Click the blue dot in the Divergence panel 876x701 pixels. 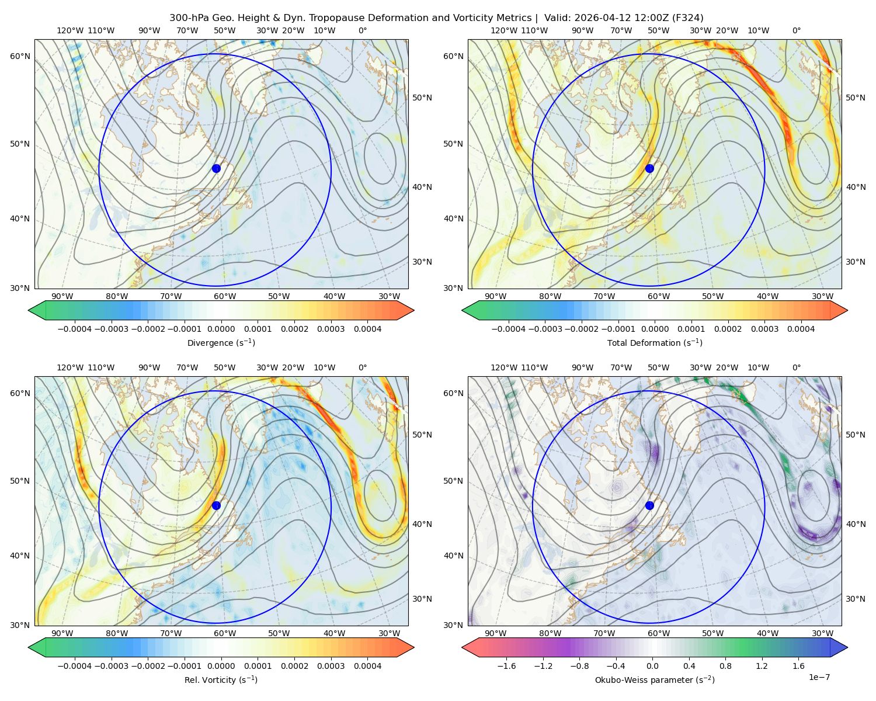[x=216, y=168]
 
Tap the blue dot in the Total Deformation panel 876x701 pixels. [x=649, y=168]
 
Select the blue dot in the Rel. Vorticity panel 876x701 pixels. [x=216, y=505]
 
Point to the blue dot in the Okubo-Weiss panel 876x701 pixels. [x=649, y=505]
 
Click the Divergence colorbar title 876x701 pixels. [x=221, y=342]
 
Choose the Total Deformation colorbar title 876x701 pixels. [x=655, y=342]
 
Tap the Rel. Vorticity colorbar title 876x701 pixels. [x=221, y=680]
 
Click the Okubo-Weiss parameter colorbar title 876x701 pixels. [x=655, y=680]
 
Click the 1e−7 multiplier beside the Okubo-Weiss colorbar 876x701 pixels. [x=819, y=677]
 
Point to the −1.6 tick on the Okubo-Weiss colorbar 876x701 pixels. [x=506, y=666]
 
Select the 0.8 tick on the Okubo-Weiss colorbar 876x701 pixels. [x=725, y=666]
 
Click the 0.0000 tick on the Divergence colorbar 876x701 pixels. [x=221, y=329]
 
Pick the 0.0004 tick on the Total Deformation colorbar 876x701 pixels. [x=801, y=329]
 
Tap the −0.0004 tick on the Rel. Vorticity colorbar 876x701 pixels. [x=75, y=666]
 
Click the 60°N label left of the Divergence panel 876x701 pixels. [x=20, y=56]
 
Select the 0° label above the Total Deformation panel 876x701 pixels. [x=796, y=30]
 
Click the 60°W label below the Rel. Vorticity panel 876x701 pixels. [x=225, y=633]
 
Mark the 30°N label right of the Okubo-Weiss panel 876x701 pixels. [x=856, y=599]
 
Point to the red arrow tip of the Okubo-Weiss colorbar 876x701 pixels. [x=463, y=647]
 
